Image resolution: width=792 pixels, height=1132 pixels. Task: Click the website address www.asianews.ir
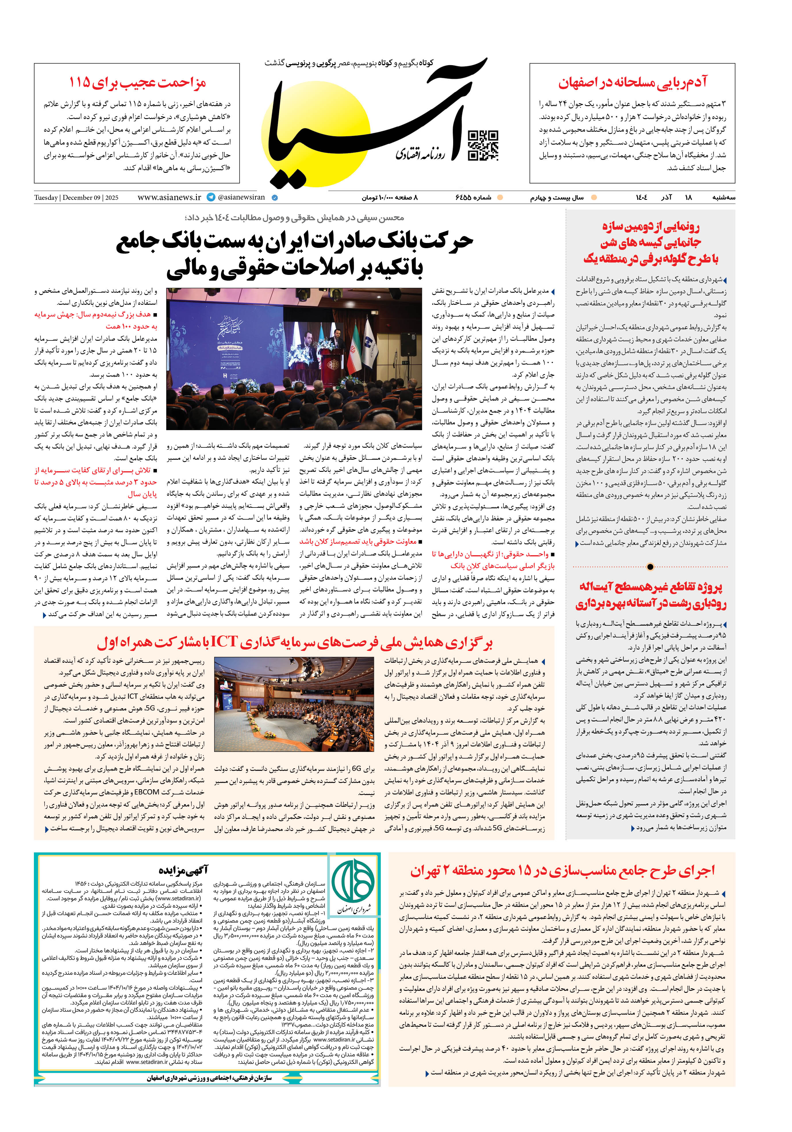pos(169,197)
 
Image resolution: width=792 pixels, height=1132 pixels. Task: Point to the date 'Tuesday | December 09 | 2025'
pos(76,198)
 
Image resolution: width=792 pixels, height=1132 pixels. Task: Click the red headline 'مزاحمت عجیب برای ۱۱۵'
pos(137,82)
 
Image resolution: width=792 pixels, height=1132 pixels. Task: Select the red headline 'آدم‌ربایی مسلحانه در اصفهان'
pos(632,82)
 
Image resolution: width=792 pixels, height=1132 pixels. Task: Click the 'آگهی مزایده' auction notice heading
pos(183,870)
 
